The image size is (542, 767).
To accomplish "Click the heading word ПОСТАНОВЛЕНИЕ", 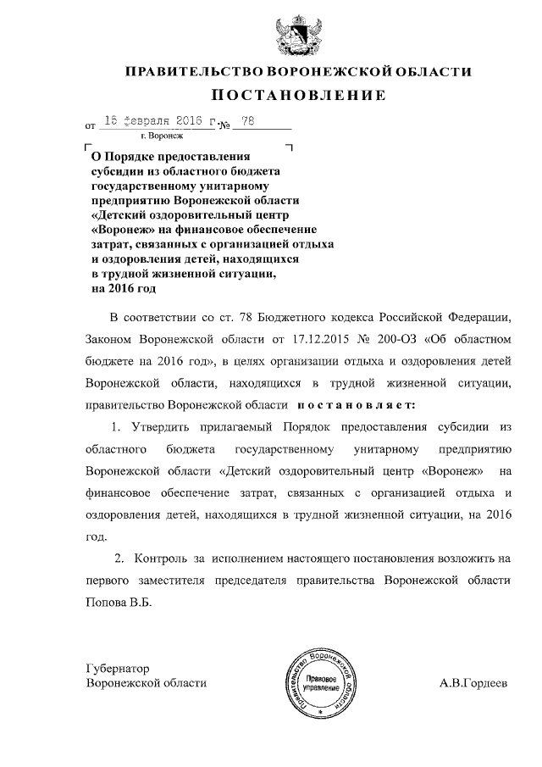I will click(297, 95).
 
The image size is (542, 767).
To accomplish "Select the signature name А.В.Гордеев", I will click(473, 683).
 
